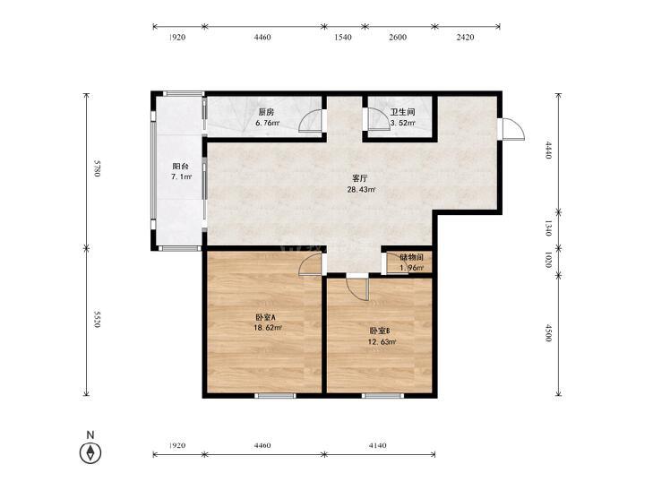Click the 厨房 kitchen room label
[x=266, y=112]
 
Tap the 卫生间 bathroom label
[x=402, y=112]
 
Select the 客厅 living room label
[x=360, y=178]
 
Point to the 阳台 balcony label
[x=180, y=166]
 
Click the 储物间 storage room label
[x=411, y=257]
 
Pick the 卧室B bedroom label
[x=380, y=331]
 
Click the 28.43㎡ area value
[x=362, y=190]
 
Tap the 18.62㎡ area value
[x=268, y=328]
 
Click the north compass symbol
[x=90, y=452]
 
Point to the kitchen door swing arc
[x=305, y=116]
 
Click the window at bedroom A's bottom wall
[x=275, y=396]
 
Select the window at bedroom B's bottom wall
[x=382, y=396]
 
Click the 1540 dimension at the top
[x=343, y=37]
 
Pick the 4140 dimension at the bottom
[x=377, y=445]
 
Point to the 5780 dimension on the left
[x=97, y=168]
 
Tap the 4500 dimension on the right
[x=548, y=333]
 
